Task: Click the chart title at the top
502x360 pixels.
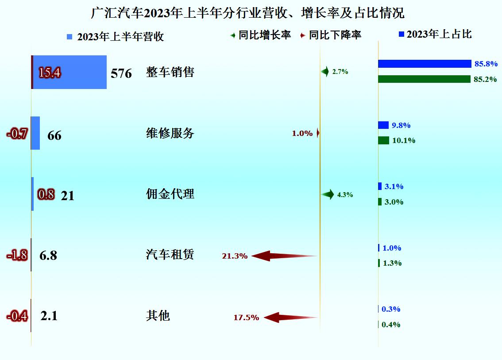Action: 247,13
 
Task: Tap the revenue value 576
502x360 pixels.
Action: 121,73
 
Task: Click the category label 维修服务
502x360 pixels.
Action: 170,133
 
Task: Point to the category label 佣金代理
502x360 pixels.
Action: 170,194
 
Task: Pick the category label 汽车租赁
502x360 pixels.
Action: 170,255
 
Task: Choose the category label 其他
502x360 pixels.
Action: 158,316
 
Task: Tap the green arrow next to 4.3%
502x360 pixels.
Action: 328,194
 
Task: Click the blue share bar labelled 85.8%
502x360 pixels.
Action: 425,64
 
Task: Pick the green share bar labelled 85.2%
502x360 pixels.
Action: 424,79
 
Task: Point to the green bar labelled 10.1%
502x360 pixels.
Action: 383,140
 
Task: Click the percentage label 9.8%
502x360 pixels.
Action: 401,125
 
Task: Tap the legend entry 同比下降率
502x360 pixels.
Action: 331,35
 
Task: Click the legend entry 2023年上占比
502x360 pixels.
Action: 435,34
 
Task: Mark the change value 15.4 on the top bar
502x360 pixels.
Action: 50,73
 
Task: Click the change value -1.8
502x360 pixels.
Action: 17,255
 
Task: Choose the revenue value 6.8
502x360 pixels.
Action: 48,255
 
